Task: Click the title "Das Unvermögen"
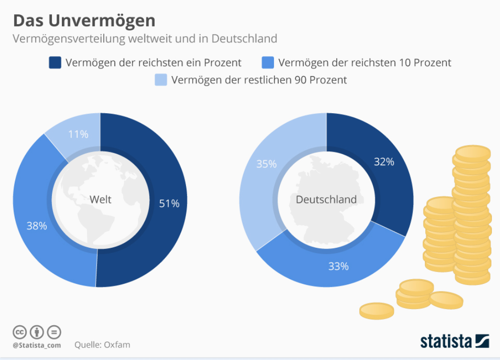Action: [84, 20]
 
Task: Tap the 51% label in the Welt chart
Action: [169, 204]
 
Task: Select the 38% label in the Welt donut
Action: [37, 226]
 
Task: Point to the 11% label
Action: [78, 134]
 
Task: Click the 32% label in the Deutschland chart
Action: [383, 162]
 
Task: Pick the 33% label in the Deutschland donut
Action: [338, 266]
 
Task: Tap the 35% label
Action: [266, 164]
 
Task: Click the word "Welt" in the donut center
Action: [100, 199]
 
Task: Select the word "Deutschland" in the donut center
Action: [326, 199]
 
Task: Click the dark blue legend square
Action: [55, 62]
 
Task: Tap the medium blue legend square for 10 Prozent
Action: [268, 62]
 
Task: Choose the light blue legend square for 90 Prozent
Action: [161, 80]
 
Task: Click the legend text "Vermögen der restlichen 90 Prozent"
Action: [259, 80]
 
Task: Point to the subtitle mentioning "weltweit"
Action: [145, 38]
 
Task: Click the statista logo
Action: [454, 341]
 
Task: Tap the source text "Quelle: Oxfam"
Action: [102, 345]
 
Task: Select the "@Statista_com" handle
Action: [37, 345]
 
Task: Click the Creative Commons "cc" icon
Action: [20, 331]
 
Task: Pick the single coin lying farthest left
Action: [376, 311]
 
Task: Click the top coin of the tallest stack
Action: [472, 153]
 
